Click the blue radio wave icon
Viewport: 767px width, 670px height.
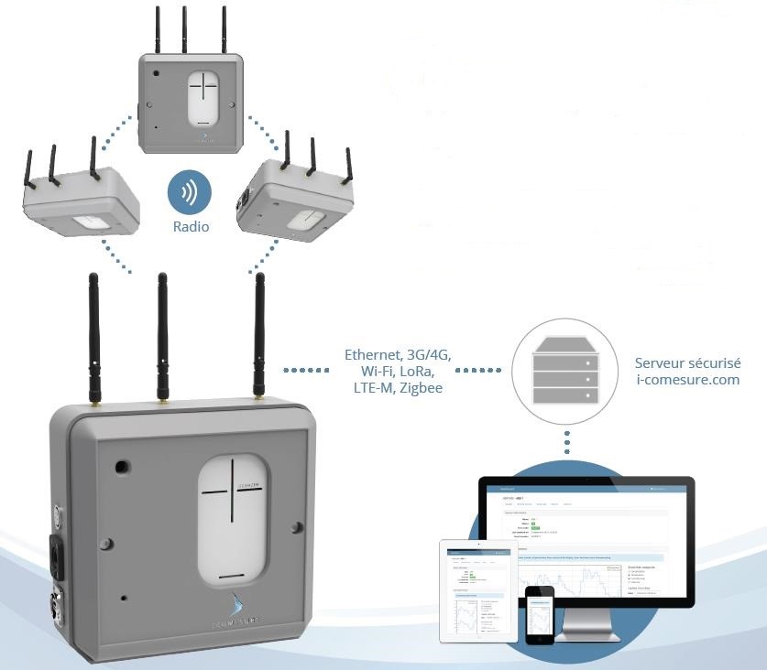click(190, 193)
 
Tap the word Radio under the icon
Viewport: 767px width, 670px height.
click(191, 226)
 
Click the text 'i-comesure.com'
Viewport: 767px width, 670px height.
click(687, 380)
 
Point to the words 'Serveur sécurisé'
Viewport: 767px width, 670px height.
click(687, 363)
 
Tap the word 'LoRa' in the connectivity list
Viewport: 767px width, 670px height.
click(414, 372)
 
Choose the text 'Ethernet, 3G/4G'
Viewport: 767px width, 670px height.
click(398, 354)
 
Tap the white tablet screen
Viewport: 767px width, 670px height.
click(477, 596)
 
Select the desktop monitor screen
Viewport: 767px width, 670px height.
click(586, 540)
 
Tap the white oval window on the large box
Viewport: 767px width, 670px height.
click(235, 519)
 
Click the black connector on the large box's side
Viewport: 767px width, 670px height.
click(57, 555)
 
